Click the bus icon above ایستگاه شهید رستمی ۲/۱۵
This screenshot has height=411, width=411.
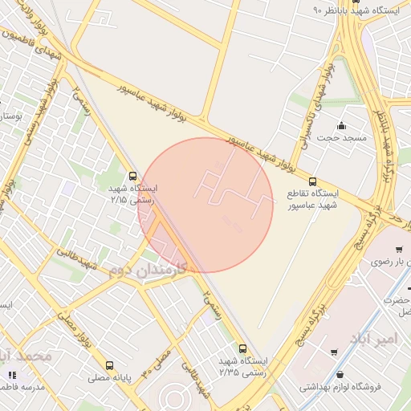pos(132,176)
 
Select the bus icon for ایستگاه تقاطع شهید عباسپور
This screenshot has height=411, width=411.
pos(312,181)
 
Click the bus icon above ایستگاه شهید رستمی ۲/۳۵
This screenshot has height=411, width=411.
pos(243,348)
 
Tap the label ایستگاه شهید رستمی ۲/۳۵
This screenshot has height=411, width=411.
pos(246,367)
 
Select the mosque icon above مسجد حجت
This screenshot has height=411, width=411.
pos(342,125)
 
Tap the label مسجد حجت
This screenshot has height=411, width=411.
pos(342,138)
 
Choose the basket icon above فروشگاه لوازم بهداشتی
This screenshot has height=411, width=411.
pos(342,374)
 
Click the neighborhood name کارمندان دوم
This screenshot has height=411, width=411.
pos(149,268)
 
